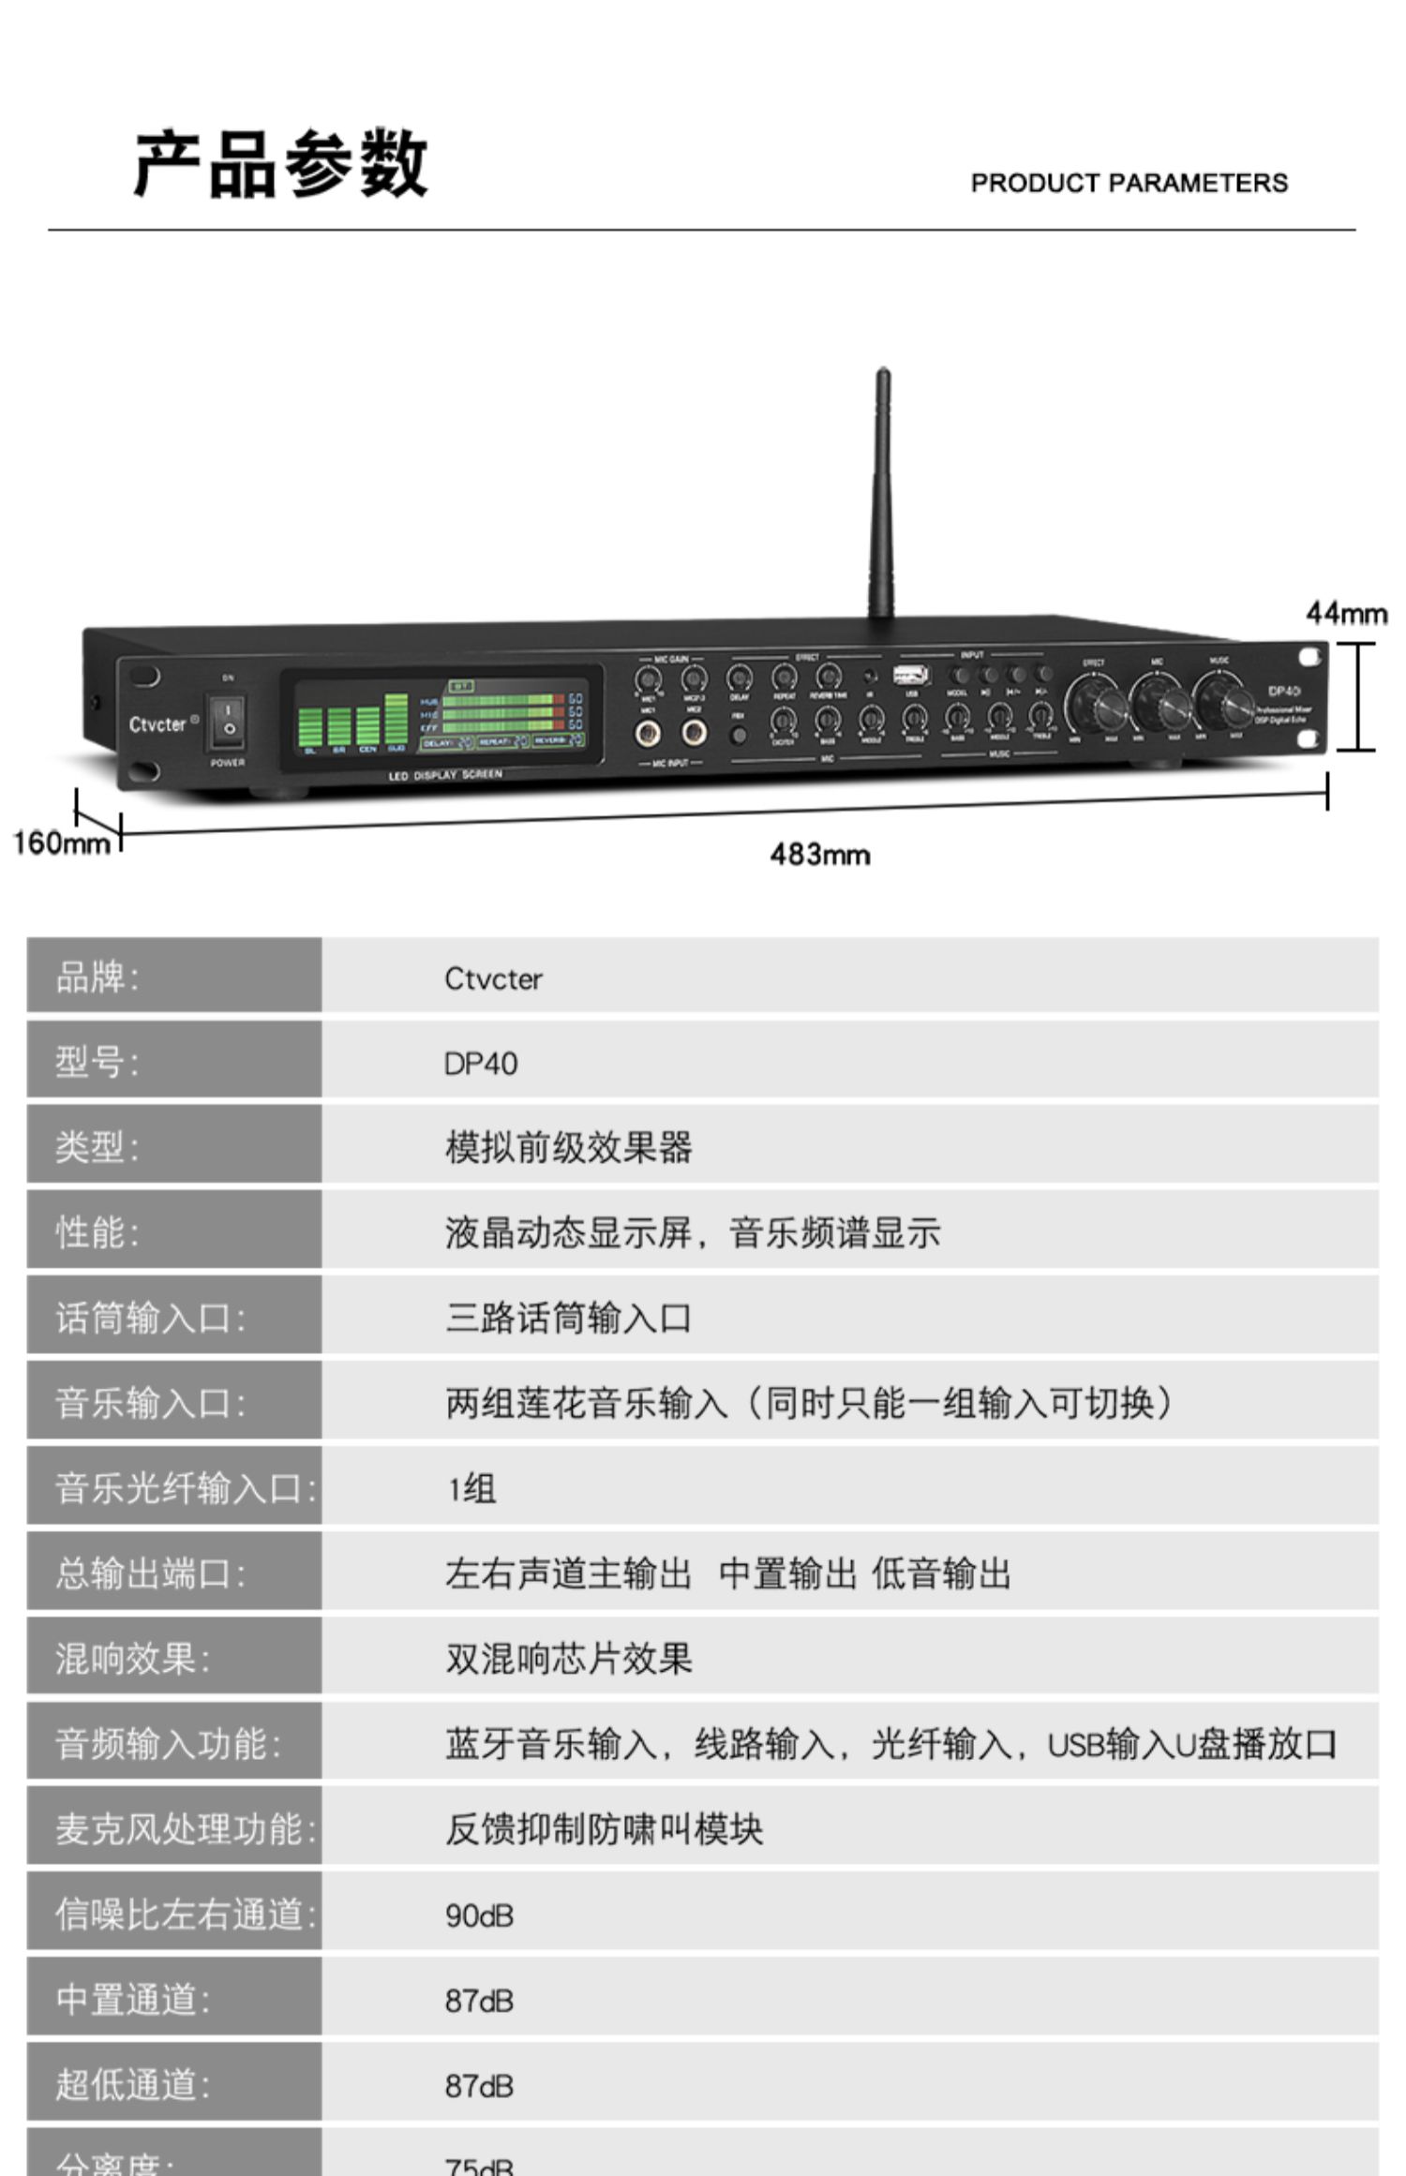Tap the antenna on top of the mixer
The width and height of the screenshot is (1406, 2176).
click(881, 497)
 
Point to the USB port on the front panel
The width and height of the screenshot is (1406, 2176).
click(910, 675)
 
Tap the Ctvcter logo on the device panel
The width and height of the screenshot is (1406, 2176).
click(157, 724)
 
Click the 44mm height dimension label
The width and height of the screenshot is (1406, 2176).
click(1346, 614)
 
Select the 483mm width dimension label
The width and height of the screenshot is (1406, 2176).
click(820, 855)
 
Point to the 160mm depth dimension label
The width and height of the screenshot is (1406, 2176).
click(61, 842)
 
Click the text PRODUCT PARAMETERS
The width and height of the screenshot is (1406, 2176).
click(1129, 183)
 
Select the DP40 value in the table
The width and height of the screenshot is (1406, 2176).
click(481, 1064)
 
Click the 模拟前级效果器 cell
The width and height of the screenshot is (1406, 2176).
click(568, 1148)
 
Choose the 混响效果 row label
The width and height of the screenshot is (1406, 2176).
click(132, 1658)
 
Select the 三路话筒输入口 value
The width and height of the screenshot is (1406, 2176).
click(568, 1319)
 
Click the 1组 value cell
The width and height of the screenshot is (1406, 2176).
click(471, 1488)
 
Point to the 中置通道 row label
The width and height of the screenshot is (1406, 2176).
click(132, 1999)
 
